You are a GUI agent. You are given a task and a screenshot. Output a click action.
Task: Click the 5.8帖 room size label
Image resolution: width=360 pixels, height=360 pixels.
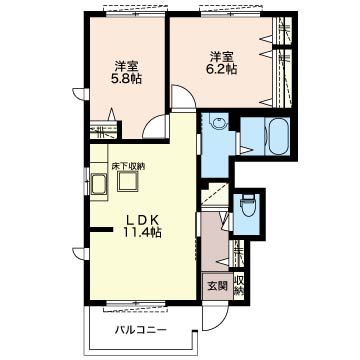tap(127, 79)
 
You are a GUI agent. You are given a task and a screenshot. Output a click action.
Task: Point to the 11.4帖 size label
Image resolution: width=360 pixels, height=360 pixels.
tap(143, 232)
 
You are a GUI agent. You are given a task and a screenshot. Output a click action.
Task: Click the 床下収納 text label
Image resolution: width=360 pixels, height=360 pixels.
tap(128, 166)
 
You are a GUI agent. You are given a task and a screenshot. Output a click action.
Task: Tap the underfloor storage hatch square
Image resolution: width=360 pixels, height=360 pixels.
tap(128, 182)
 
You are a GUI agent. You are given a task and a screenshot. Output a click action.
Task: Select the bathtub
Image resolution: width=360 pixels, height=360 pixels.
tap(278, 136)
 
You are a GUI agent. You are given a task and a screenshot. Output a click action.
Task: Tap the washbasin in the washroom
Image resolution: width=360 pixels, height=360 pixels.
tap(219, 123)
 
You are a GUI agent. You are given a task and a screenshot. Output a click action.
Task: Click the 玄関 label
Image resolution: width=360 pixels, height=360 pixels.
tap(218, 286)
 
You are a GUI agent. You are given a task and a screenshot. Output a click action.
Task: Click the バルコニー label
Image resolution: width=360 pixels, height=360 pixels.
tap(141, 331)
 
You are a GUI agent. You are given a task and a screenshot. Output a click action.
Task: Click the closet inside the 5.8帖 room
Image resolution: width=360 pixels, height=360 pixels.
tap(104, 130)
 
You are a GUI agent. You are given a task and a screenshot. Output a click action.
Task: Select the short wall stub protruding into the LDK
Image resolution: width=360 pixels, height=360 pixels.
tap(101, 229)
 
